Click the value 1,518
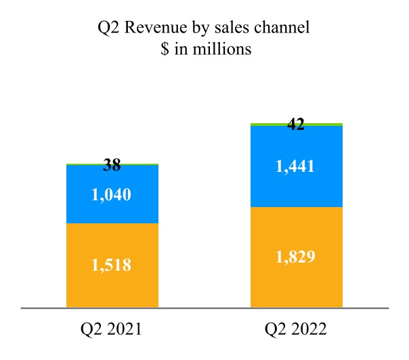112,265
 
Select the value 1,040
112,195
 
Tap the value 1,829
296,257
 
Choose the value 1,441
296,166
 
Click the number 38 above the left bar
112,164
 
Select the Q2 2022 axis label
296,330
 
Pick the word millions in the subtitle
223,49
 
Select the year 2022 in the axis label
308,330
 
